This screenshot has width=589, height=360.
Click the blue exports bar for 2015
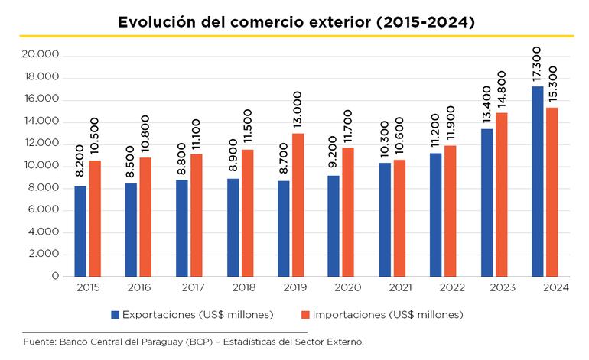click(x=80, y=231)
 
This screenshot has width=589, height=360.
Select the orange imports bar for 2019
click(x=298, y=205)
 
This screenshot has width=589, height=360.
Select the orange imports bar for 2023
click(x=502, y=194)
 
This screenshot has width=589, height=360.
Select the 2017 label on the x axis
click(x=189, y=288)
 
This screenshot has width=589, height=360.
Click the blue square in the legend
click(x=115, y=314)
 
